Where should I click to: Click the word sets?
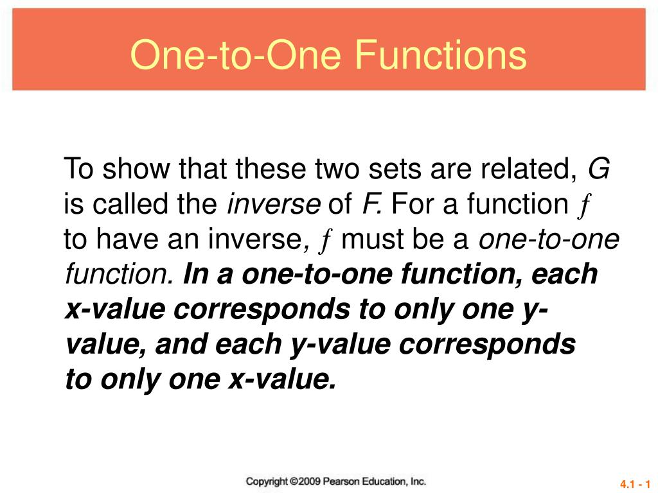point(395,170)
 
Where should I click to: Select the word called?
point(122,205)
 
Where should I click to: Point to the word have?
point(126,240)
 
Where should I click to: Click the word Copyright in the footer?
point(267,481)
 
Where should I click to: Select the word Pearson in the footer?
point(341,481)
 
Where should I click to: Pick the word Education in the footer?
point(384,481)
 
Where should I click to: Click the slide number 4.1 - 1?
point(636,483)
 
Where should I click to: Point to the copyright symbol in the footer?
point(294,481)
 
